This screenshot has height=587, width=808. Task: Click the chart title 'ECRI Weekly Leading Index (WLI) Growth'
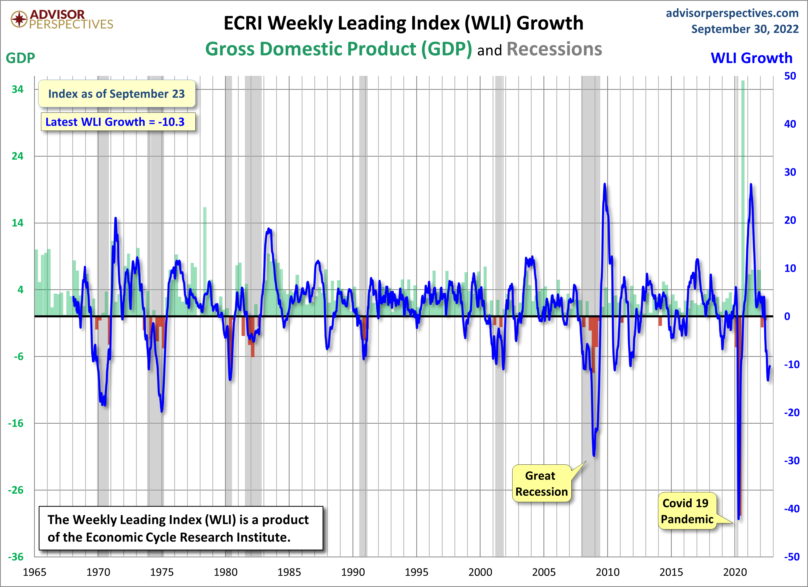pyautogui.click(x=403, y=23)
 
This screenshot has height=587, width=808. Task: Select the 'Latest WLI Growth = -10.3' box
pyautogui.click(x=118, y=122)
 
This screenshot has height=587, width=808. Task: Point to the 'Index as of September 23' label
pyautogui.click(x=116, y=94)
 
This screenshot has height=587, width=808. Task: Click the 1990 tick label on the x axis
pyautogui.click(x=353, y=572)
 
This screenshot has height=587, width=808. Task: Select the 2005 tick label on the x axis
pyautogui.click(x=544, y=572)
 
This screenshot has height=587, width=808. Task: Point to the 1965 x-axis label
pyautogui.click(x=35, y=572)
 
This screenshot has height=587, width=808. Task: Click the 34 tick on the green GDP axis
pyautogui.click(x=18, y=89)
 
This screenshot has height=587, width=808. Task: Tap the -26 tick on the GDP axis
pyautogui.click(x=16, y=490)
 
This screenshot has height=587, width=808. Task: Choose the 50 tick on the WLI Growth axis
pyautogui.click(x=790, y=76)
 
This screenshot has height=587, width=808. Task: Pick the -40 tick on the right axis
pyautogui.click(x=791, y=509)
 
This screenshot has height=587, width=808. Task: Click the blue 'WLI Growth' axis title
pyautogui.click(x=751, y=58)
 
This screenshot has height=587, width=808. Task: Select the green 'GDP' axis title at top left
pyautogui.click(x=20, y=58)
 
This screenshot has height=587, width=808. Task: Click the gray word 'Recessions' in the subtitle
pyautogui.click(x=554, y=49)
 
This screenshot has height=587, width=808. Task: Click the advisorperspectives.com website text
pyautogui.click(x=732, y=13)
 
